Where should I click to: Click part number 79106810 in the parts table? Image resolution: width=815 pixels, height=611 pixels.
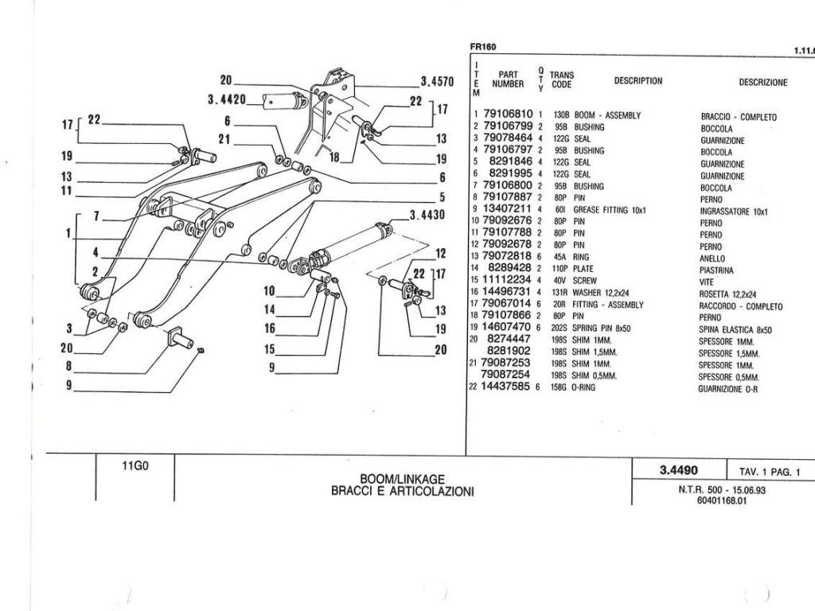508,114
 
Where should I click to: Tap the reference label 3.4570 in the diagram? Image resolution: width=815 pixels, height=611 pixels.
437,82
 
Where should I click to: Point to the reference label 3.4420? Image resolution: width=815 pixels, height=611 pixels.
226,99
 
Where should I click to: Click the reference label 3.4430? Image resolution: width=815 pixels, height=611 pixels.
427,215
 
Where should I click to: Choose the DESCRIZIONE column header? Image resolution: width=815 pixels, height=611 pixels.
763,82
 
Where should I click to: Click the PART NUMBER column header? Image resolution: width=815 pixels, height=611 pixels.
508,79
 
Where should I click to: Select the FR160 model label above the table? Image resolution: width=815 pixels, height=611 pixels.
483,47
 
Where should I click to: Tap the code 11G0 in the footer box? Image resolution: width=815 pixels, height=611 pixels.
135,466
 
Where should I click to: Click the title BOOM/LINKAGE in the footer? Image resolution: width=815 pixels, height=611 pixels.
402,479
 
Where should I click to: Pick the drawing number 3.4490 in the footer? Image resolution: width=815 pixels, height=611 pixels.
679,470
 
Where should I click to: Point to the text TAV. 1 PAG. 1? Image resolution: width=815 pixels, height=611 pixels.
770,473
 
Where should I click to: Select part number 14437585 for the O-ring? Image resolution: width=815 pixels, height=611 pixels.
506,387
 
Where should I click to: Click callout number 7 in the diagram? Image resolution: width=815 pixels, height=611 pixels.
96,216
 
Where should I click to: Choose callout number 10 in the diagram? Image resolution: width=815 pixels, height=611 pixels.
269,290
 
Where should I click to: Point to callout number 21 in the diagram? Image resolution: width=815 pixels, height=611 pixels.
224,139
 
